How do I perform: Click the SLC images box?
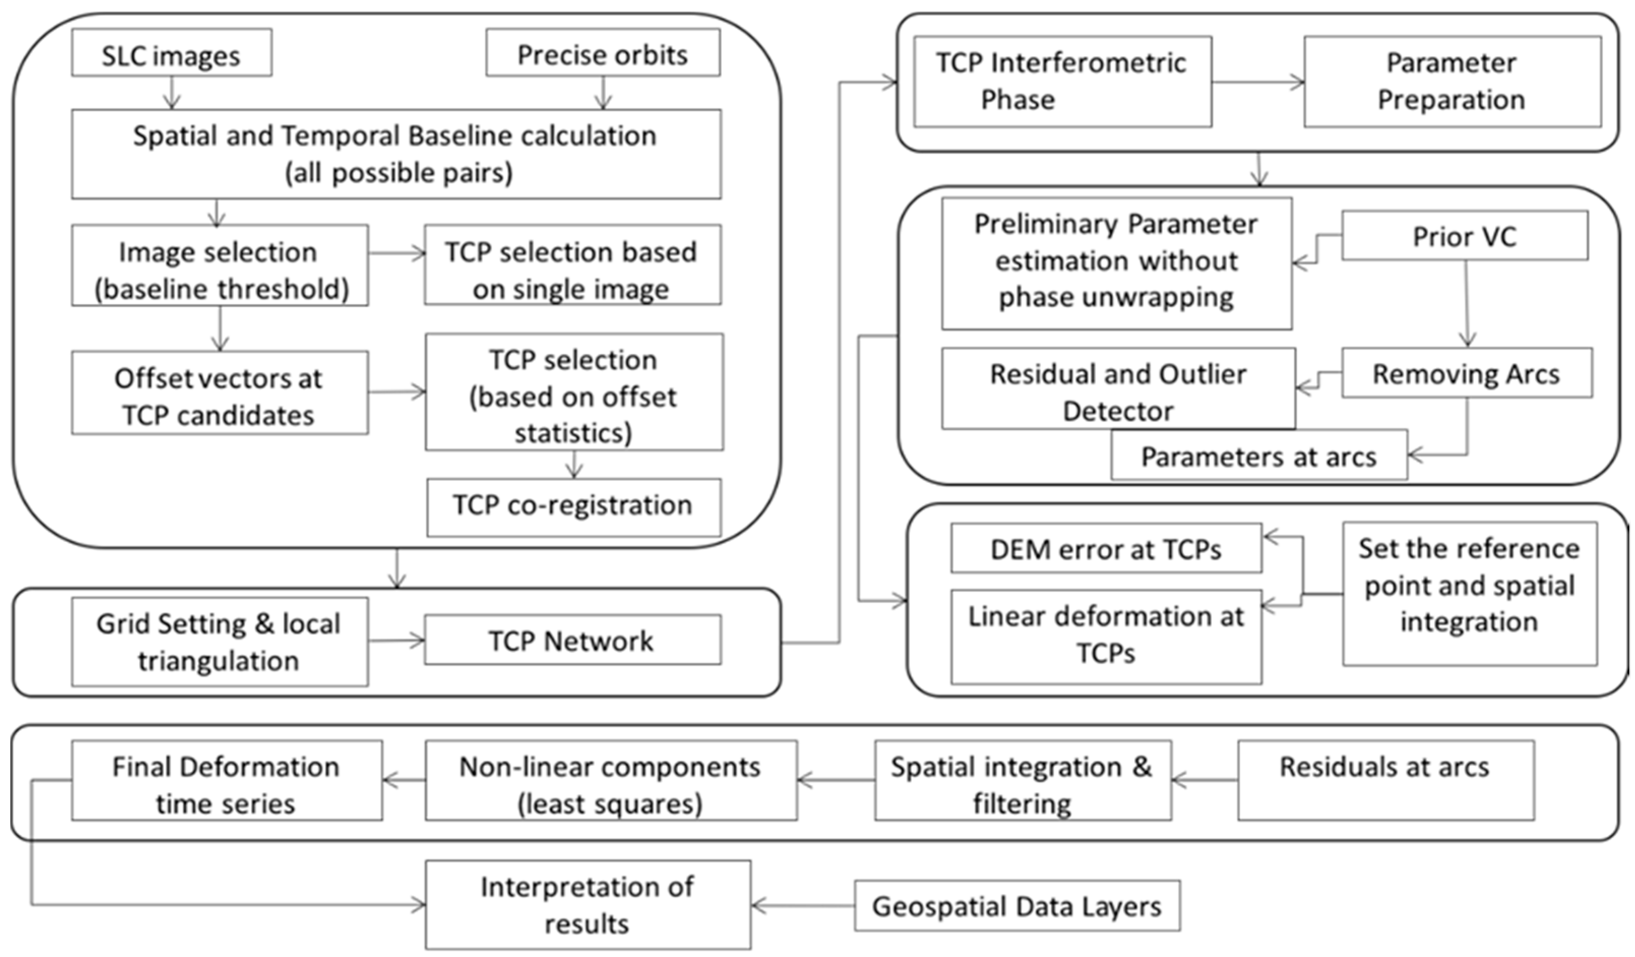point(171,52)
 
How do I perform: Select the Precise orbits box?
point(603,52)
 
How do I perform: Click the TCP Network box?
point(572,640)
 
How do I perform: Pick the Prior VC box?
point(1464,235)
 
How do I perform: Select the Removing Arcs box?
point(1466,373)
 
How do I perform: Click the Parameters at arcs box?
point(1259,455)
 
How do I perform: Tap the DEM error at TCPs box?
point(1106,549)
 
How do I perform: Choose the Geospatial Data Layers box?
point(1016,906)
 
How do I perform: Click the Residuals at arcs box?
point(1385,779)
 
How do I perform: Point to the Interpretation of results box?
point(587,905)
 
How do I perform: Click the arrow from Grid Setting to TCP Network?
point(396,641)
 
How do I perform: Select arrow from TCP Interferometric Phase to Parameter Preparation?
point(1257,82)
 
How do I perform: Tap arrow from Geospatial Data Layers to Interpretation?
point(803,905)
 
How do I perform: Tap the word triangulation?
point(218,661)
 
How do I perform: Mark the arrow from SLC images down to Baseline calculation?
point(171,93)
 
